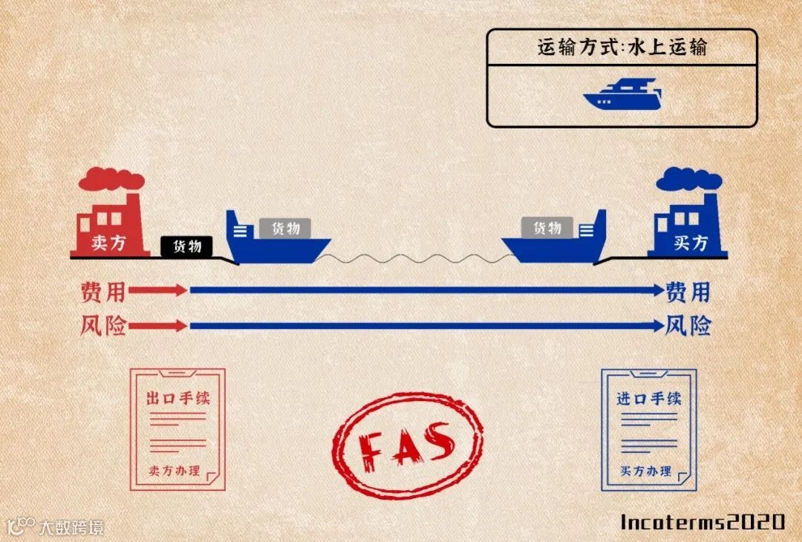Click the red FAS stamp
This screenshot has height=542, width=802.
click(407, 443)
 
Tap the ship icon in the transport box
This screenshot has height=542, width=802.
click(622, 95)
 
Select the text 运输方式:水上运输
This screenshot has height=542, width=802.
click(622, 48)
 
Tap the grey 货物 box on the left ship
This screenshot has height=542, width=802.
click(285, 228)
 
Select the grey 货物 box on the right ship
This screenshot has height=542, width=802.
click(547, 228)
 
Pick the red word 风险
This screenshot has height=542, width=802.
click(103, 325)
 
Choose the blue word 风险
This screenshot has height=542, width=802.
click(688, 325)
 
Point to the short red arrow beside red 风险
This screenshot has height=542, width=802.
click(158, 325)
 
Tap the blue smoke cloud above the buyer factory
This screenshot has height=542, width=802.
click(688, 179)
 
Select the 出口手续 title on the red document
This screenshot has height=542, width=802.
click(178, 398)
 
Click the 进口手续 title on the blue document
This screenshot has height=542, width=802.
click(648, 398)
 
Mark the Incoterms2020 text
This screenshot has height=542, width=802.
click(702, 521)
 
